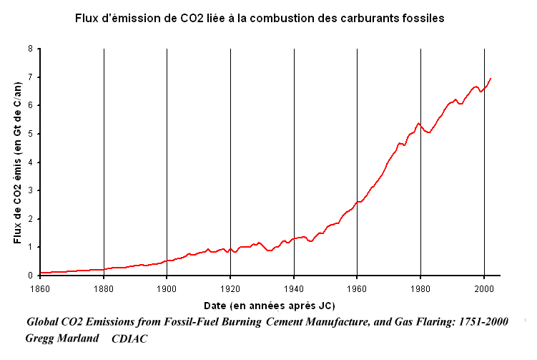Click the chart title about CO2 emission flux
pyautogui.click(x=260, y=19)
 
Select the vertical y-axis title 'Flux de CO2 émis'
pyautogui.click(x=18, y=162)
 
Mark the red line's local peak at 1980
pyautogui.click(x=419, y=123)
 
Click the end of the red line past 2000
pyautogui.click(x=491, y=78)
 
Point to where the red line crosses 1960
pyautogui.click(x=357, y=202)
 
